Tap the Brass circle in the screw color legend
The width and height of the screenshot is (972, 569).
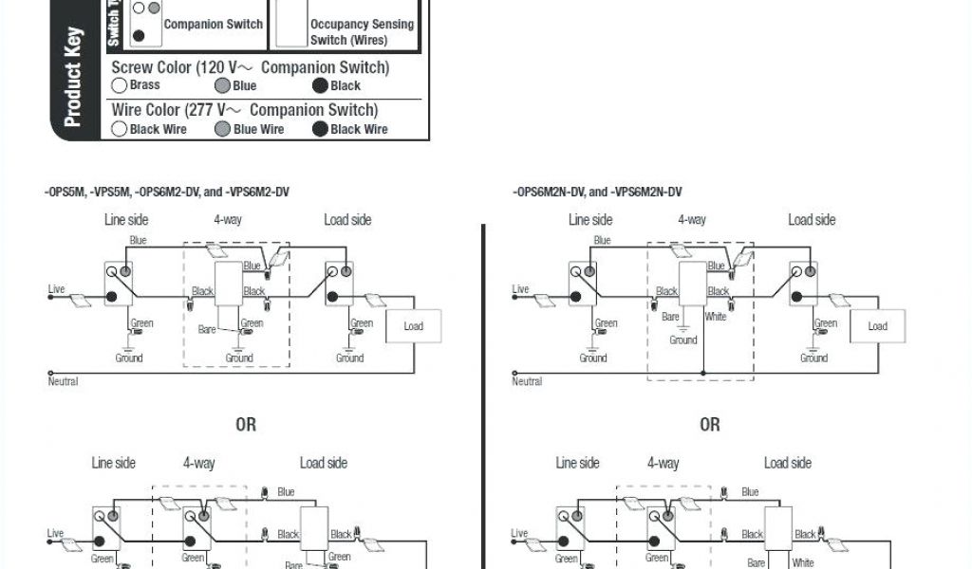(x=120, y=85)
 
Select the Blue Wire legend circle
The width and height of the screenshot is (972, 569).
(x=222, y=129)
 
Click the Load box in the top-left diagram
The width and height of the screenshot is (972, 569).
(x=414, y=326)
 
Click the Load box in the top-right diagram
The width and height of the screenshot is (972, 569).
(x=878, y=326)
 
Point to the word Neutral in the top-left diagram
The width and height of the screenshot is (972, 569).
(x=63, y=381)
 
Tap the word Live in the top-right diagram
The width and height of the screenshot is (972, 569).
(x=520, y=289)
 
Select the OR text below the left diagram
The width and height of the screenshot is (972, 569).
(x=246, y=424)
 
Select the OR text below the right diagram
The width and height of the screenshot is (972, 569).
(x=710, y=424)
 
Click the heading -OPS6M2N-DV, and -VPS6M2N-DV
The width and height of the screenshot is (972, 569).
(x=597, y=193)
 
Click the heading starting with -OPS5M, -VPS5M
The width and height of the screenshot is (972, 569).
(x=166, y=193)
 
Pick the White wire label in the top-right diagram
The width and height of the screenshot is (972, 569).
(x=716, y=317)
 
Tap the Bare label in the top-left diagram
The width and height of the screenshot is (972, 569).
(x=207, y=329)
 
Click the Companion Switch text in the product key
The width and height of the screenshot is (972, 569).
(x=214, y=24)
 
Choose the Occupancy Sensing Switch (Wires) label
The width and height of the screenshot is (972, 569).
(x=363, y=32)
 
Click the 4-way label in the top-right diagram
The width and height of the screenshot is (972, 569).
(x=692, y=220)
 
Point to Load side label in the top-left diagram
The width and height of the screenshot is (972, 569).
(x=347, y=220)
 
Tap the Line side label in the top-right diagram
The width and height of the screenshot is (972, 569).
(x=591, y=220)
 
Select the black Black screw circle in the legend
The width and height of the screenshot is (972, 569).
(x=321, y=85)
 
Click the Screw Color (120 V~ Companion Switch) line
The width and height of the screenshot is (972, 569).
(x=251, y=68)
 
